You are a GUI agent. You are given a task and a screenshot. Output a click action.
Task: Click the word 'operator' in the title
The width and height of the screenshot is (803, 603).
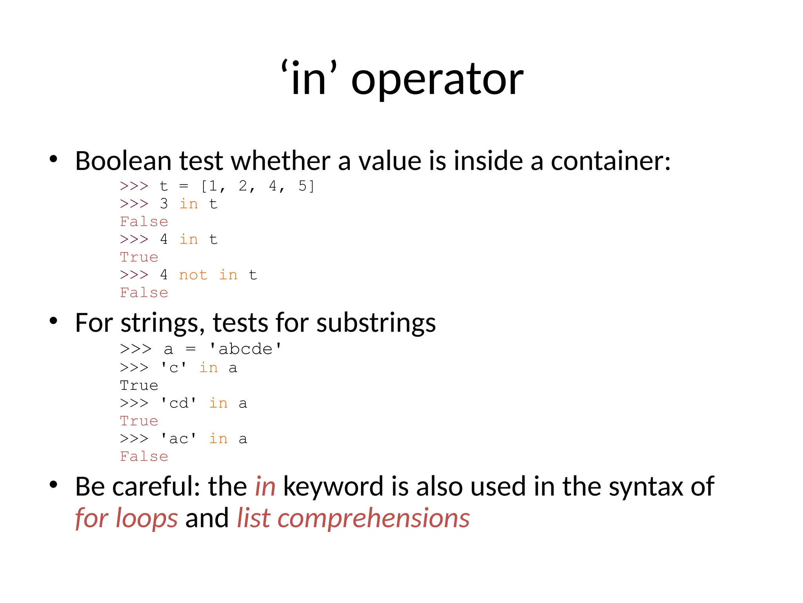[x=437, y=80]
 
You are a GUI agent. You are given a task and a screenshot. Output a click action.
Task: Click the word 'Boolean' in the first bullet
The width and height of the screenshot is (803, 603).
[x=123, y=161]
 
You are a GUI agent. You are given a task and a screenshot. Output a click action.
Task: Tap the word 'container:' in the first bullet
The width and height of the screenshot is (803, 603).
[x=610, y=161]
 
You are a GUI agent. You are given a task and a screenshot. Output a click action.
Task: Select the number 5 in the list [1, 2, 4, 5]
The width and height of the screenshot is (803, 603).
[x=302, y=186]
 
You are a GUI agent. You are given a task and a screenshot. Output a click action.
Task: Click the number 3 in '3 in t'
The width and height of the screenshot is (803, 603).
[x=164, y=204]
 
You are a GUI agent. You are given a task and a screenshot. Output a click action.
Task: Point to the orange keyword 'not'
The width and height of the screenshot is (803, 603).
[x=193, y=275]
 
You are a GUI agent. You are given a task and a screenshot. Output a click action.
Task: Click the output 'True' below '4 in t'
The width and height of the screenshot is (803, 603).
[x=139, y=257]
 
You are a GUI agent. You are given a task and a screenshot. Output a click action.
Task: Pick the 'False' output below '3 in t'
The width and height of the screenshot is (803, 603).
[x=144, y=222]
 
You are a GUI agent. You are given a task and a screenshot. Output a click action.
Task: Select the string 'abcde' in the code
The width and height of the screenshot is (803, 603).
[x=245, y=349]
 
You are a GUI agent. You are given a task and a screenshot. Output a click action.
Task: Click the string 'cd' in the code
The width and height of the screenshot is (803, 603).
[x=179, y=403]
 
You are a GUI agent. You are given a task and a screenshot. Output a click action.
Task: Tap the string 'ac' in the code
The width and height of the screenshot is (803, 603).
[x=179, y=439]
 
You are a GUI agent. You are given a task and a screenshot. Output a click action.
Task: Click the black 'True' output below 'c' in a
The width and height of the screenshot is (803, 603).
[x=139, y=386]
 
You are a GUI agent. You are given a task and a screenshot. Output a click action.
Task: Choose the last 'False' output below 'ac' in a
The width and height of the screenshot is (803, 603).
[x=144, y=457]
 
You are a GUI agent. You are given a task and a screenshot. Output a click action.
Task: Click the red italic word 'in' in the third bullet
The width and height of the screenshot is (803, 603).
[x=265, y=486]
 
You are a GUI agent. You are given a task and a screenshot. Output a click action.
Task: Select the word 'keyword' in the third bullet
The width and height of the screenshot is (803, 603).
[x=333, y=486]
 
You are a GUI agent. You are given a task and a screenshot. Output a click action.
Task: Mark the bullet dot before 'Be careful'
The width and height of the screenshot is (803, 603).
[x=54, y=485]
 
